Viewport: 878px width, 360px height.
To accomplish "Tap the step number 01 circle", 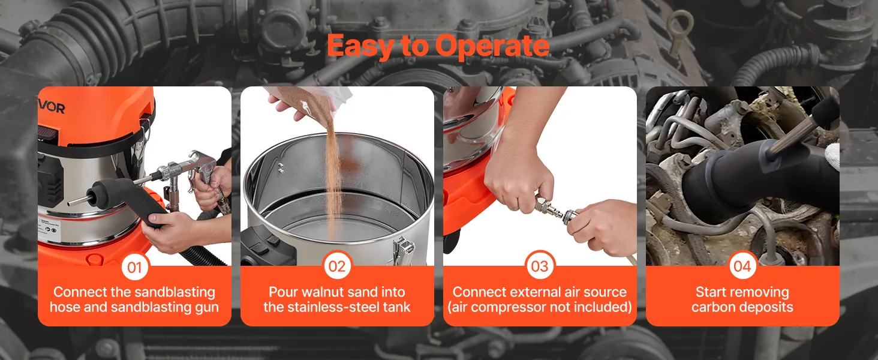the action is (x=134, y=267).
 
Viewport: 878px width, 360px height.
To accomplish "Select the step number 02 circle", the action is (x=337, y=266).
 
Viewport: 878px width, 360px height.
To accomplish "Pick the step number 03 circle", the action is (x=540, y=266).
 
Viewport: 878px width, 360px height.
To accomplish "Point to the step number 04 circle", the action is (x=742, y=266).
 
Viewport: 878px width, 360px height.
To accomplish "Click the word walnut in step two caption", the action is (x=323, y=292).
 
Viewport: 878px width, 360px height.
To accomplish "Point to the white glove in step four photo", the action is (x=832, y=155).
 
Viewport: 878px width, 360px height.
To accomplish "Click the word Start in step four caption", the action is (x=711, y=292).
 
